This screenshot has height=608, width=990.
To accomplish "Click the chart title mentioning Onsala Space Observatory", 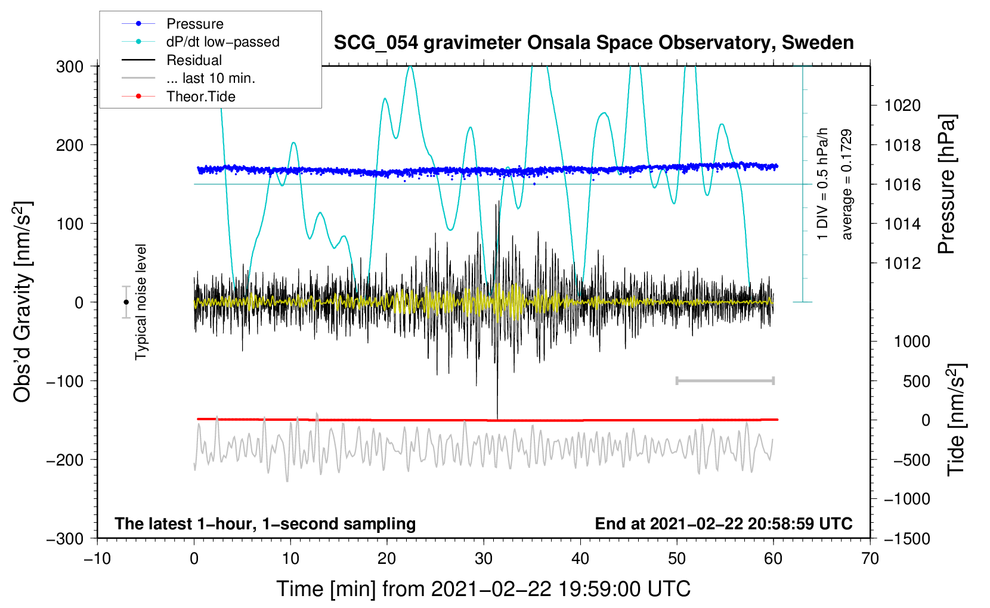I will click(593, 43).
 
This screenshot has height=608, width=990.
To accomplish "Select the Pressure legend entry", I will click(194, 24).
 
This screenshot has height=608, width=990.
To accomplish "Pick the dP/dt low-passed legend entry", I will click(222, 42).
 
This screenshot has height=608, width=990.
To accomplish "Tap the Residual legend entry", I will click(194, 60).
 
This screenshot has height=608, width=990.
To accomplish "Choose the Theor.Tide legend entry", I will click(200, 97).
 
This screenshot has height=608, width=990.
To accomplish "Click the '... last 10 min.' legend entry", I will click(211, 78).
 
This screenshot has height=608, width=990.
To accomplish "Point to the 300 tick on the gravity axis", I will click(70, 67).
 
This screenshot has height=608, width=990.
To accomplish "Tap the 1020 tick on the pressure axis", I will click(902, 106).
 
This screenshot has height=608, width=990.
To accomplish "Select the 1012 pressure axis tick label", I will click(902, 263).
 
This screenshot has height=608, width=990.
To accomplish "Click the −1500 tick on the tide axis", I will click(907, 538).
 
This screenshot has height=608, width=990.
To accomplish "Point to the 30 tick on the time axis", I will click(484, 559).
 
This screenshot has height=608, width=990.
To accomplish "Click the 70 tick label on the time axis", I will click(870, 559).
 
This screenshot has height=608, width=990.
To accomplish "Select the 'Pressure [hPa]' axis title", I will click(947, 184).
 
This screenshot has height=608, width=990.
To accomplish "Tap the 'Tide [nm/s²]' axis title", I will click(956, 420).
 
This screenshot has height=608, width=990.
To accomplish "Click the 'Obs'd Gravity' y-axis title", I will click(23, 302).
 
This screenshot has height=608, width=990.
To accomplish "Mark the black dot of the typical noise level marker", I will click(126, 302).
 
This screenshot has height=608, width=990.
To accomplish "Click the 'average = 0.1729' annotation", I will click(846, 185).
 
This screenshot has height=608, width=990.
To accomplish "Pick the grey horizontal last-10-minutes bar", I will click(725, 380).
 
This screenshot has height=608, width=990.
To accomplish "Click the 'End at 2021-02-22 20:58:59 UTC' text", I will click(723, 523).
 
